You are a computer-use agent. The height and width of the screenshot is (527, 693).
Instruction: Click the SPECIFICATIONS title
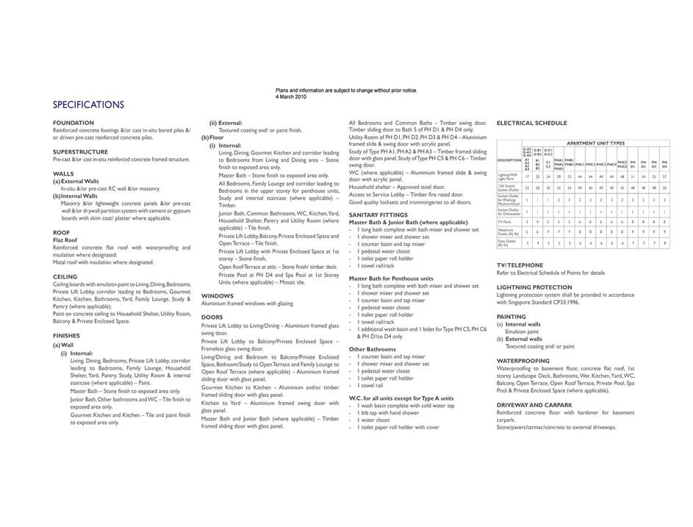click(x=88, y=104)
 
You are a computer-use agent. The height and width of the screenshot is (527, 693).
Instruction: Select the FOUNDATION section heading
click(x=73, y=123)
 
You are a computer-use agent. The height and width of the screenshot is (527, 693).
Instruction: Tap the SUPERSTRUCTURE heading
click(x=80, y=152)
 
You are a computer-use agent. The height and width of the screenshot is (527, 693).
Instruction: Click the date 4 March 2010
click(x=291, y=96)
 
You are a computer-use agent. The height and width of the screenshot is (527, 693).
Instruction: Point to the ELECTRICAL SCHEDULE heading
click(x=531, y=123)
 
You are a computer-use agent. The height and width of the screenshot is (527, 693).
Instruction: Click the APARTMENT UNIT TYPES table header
click(x=595, y=143)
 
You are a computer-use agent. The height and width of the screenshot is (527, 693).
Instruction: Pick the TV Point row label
click(x=505, y=221)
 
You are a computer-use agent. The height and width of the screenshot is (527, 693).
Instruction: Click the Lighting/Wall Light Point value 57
click(x=664, y=176)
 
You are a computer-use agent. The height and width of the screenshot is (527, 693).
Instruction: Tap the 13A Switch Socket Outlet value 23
click(x=526, y=188)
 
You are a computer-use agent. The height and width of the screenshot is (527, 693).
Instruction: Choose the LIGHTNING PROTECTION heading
click(x=534, y=287)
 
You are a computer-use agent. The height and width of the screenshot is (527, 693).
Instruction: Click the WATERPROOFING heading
click(x=523, y=360)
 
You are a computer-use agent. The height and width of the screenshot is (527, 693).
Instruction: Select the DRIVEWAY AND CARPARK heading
click(x=534, y=405)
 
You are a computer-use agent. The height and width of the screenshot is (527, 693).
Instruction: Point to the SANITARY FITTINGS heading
click(x=378, y=215)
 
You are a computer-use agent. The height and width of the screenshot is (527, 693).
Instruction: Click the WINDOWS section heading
click(x=218, y=295)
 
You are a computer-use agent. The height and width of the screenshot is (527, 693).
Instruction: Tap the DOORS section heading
click(x=212, y=318)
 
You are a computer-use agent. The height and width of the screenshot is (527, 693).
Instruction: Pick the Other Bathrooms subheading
click(x=372, y=349)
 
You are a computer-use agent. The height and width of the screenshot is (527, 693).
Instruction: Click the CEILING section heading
click(x=65, y=277)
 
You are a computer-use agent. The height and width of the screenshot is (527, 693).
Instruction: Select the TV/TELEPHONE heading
click(x=520, y=265)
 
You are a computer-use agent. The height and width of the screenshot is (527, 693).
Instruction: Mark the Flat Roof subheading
click(x=65, y=240)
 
